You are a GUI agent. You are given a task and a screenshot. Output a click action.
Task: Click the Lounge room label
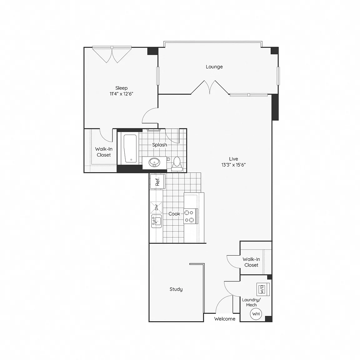[214, 67]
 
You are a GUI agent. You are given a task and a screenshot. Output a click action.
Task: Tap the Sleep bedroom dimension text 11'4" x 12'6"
[122, 94]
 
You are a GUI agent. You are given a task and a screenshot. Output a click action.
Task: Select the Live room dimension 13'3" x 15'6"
[233, 165]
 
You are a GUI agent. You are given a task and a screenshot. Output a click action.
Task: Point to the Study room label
[176, 289]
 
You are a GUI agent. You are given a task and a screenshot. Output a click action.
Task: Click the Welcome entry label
[225, 319]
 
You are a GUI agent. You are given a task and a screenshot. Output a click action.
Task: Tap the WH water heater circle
[256, 314]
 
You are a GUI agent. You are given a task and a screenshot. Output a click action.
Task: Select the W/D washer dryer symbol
[263, 289]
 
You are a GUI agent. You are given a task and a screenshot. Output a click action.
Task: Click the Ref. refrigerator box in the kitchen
[157, 181]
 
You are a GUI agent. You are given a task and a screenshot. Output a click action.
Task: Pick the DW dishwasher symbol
[156, 207]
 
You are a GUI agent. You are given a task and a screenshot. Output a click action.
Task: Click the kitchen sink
[156, 221]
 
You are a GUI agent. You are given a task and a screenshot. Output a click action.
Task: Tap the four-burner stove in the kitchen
[190, 216]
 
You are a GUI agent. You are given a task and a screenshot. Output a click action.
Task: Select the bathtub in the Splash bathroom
[130, 148]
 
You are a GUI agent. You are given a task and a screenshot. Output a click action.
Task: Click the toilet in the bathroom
[177, 164]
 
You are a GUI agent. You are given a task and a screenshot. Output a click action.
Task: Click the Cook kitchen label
[174, 214]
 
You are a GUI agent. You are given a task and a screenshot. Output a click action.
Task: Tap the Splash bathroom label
[160, 145]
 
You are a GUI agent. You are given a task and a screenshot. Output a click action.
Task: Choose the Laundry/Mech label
[251, 302]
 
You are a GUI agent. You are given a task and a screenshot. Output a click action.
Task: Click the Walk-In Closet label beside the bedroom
[104, 152]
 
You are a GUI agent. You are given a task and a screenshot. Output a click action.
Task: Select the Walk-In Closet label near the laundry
[251, 262]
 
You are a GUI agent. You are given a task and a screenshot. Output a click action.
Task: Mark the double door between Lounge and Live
[210, 87]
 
